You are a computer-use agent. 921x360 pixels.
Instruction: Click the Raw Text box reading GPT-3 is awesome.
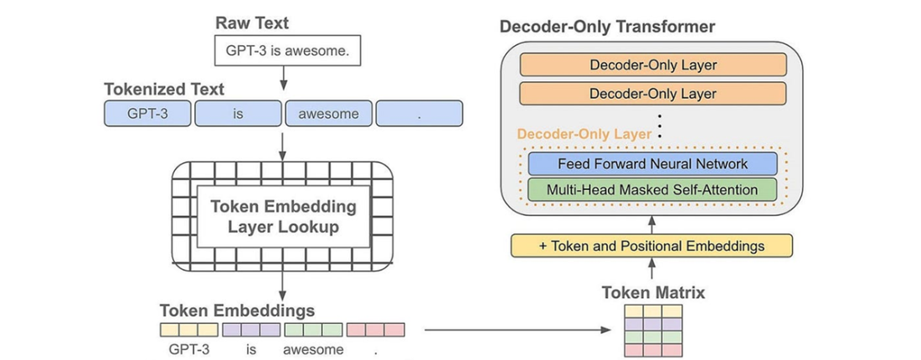pyautogui.click(x=287, y=50)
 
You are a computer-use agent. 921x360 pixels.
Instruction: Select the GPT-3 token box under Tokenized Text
pyautogui.click(x=147, y=113)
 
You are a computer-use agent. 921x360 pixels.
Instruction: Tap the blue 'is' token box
pyautogui.click(x=238, y=113)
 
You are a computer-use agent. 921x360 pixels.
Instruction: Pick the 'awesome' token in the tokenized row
pyautogui.click(x=328, y=113)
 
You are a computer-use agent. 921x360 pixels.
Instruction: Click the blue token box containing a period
pyautogui.click(x=419, y=113)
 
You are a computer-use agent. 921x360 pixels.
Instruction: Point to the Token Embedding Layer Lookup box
pyautogui.click(x=283, y=216)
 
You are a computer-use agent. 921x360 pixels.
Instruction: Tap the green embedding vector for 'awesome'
pyautogui.click(x=314, y=330)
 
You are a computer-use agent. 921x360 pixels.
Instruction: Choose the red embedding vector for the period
pyautogui.click(x=376, y=330)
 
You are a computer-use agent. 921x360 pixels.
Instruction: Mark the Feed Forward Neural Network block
pyautogui.click(x=652, y=164)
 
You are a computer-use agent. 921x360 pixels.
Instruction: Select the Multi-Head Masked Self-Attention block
pyautogui.click(x=652, y=190)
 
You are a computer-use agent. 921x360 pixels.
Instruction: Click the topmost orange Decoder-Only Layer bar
pyautogui.click(x=652, y=64)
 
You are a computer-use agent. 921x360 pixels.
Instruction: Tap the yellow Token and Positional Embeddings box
pyautogui.click(x=652, y=245)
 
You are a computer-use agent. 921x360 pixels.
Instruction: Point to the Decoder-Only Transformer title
pyautogui.click(x=607, y=27)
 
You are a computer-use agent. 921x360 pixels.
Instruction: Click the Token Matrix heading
pyautogui.click(x=653, y=292)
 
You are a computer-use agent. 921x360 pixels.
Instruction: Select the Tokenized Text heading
pyautogui.click(x=164, y=90)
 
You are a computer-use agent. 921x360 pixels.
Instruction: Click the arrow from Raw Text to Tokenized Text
pyautogui.click(x=282, y=78)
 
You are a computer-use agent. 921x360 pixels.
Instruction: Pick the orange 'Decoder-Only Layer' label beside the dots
pyautogui.click(x=585, y=135)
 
